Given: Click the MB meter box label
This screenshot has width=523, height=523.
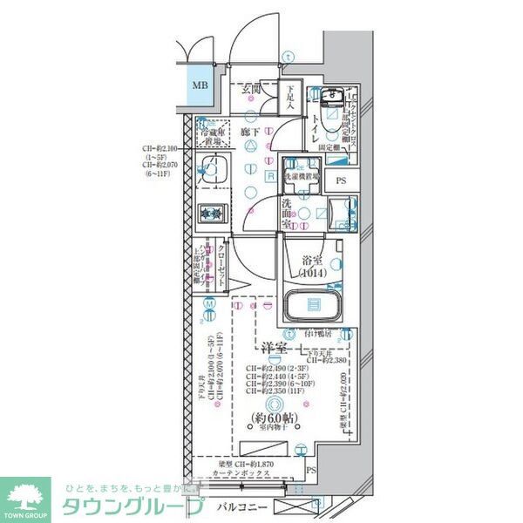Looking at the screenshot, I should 200,85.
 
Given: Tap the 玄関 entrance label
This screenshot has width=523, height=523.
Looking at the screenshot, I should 252,89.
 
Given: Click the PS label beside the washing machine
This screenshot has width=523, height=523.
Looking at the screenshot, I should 341,181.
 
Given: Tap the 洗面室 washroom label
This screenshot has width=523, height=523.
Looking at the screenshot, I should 286,211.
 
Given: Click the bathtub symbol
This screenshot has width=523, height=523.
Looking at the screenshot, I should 312,307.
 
